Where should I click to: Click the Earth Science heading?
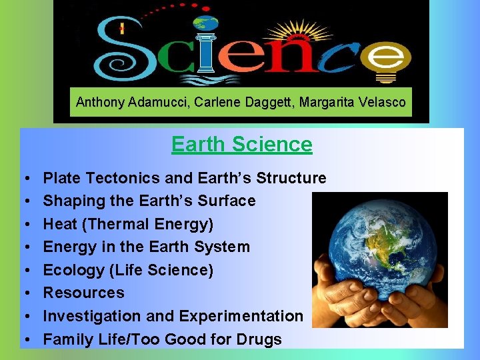[241, 144]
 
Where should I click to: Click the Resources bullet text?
[83, 293]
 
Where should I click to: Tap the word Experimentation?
[246, 316]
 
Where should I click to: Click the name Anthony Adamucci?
[118, 103]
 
